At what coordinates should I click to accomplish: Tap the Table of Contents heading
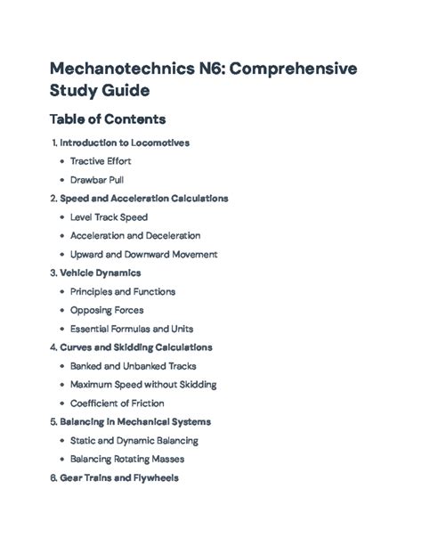coord(110,118)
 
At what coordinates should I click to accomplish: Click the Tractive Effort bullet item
coord(101,161)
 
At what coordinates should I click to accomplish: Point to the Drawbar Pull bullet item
coord(97,180)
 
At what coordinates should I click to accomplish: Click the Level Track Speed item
coord(109,217)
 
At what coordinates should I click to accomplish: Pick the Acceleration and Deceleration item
coord(135,236)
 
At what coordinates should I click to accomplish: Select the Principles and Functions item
coord(123,291)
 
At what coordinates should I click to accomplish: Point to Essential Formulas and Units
coord(134,329)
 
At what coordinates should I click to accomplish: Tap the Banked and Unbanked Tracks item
coord(134,366)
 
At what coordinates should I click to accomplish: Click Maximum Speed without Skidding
coord(143,385)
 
